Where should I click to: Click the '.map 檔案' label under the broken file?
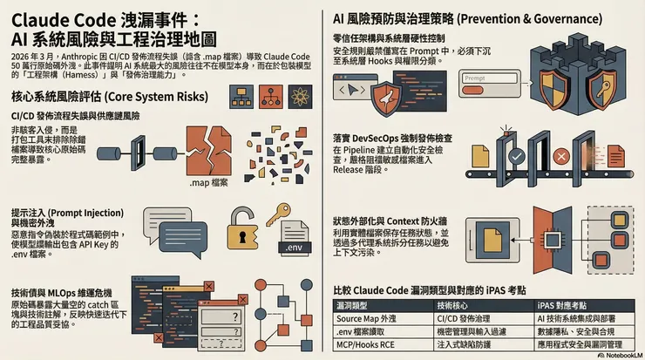click(x=208, y=183)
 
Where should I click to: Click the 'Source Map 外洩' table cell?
click(x=367, y=318)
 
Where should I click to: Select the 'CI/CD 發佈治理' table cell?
click(x=466, y=318)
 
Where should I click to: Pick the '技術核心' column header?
click(x=457, y=305)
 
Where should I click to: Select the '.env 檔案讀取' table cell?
click(x=367, y=332)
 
